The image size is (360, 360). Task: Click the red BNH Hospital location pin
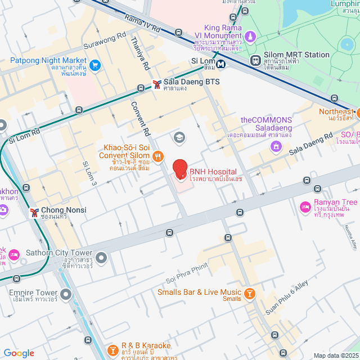pyautogui.click(x=179, y=169)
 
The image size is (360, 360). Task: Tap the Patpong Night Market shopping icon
pyautogui.click(x=94, y=65)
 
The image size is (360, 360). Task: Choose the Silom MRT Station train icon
pyautogui.click(x=255, y=58)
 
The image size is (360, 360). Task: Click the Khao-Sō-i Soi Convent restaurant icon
pyautogui.click(x=158, y=156)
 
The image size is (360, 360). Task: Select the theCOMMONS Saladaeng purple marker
pyautogui.click(x=276, y=147)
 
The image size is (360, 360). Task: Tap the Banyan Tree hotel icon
pyautogui.click(x=305, y=208)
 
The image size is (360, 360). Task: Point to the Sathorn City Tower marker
pyautogui.click(x=101, y=258)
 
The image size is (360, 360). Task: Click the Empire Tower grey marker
pyautogui.click(x=66, y=294)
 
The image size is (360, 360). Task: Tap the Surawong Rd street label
pyautogui.click(x=104, y=41)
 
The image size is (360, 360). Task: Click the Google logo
pyautogui.click(x=19, y=353)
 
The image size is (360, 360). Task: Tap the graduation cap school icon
pyautogui.click(x=179, y=137)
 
